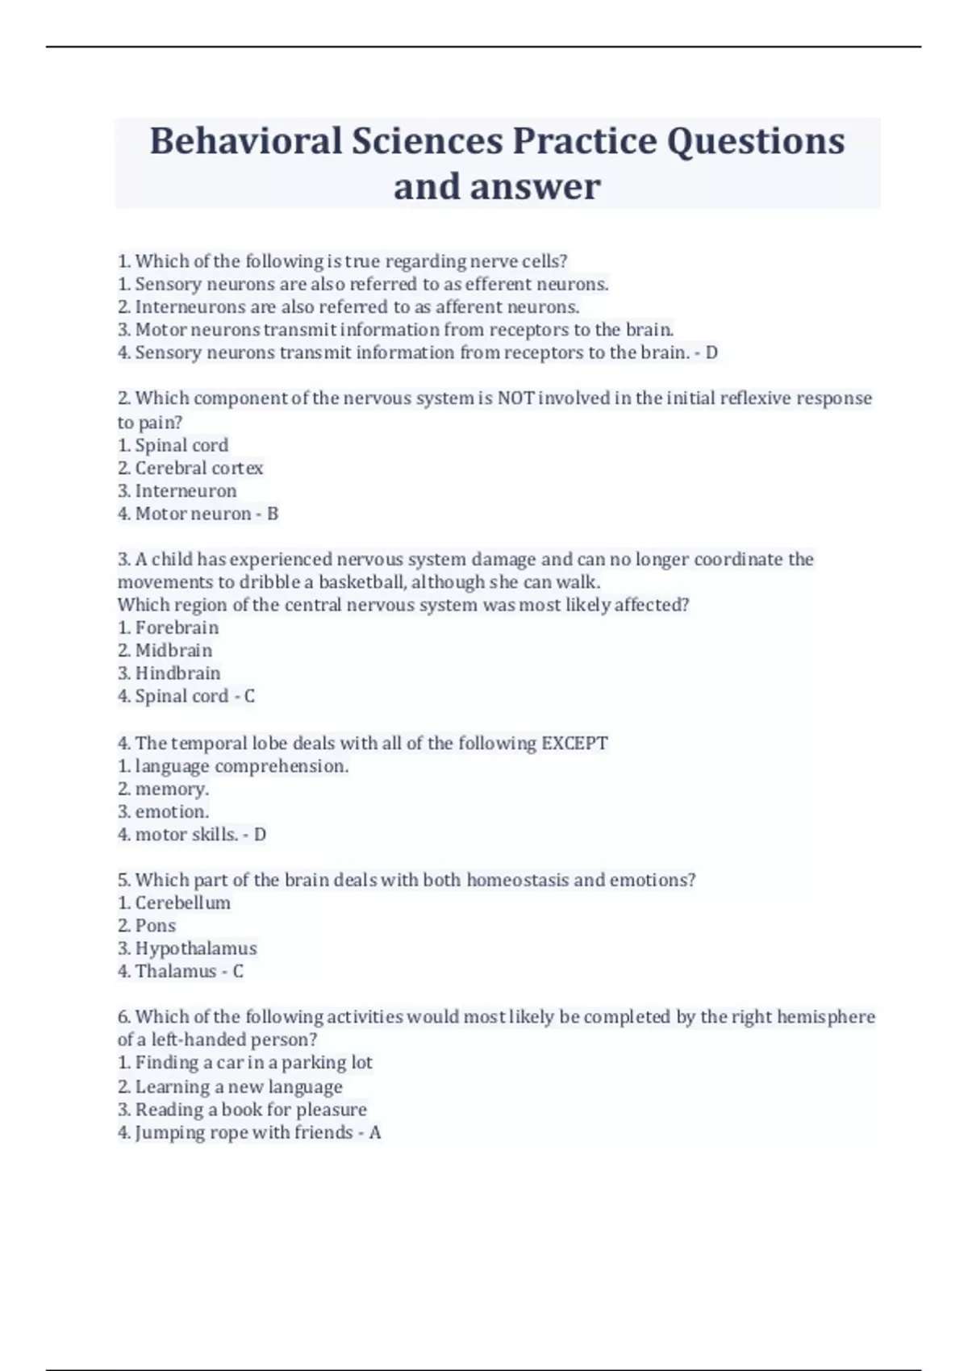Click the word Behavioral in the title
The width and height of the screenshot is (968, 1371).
click(246, 141)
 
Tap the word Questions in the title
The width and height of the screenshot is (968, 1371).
click(755, 141)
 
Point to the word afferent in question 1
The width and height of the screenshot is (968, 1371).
click(469, 307)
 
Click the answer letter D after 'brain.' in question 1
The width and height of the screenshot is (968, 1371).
click(711, 352)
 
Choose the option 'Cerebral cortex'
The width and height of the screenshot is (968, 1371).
click(198, 468)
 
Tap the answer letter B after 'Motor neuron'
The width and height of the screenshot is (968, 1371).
click(273, 514)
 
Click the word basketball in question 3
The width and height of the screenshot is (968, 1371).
click(363, 582)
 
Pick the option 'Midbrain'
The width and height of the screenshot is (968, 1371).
click(173, 650)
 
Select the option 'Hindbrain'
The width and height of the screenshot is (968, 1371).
click(177, 673)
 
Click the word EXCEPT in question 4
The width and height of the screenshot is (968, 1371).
click(574, 743)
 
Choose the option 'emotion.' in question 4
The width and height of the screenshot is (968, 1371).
click(172, 811)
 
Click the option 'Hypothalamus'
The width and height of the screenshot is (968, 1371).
click(196, 948)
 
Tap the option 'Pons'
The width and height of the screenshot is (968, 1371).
click(155, 926)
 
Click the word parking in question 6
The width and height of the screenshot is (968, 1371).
click(312, 1062)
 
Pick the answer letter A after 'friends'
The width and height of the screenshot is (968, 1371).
click(375, 1132)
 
